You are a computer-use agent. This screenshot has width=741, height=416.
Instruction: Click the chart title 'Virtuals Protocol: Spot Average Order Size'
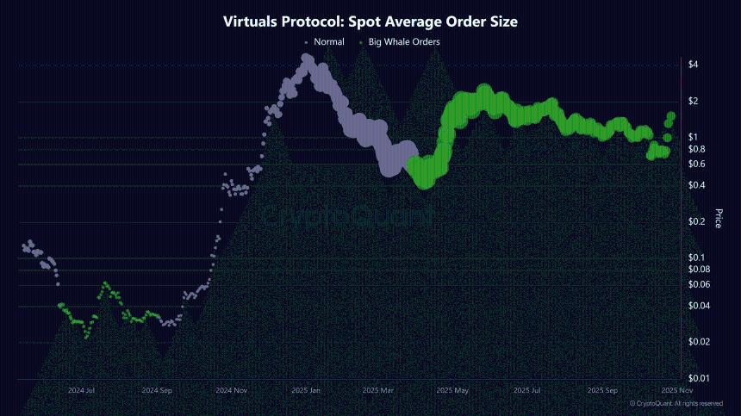pos(370,22)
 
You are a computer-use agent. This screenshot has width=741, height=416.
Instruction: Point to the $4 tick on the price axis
pos(693,65)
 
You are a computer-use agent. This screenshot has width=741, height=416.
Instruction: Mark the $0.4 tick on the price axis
pos(697,185)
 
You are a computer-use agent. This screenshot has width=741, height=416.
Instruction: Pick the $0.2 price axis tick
pos(697,221)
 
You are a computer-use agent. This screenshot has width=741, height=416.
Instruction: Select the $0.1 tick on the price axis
pos(697,258)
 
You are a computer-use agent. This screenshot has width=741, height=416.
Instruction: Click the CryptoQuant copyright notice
pos(676,403)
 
